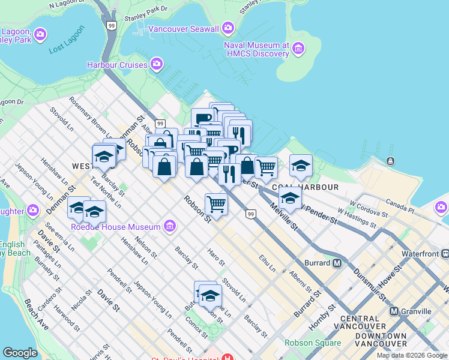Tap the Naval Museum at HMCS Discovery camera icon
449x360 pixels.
click(x=298, y=47)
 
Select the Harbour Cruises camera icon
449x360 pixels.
click(x=157, y=64)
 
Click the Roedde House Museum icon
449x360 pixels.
click(x=170, y=226)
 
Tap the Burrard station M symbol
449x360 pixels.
click(x=337, y=263)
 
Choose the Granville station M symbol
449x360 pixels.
click(x=394, y=311)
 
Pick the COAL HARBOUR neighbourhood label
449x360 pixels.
click(x=302, y=187)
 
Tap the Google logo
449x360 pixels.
click(x=20, y=353)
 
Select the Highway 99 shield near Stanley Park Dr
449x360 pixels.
click(x=112, y=25)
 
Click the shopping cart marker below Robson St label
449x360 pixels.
click(x=216, y=203)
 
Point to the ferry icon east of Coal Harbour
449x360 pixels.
click(x=391, y=161)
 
